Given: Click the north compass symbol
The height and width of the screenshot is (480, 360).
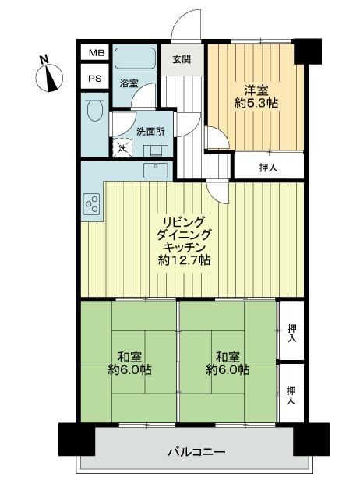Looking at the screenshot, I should [x=51, y=76].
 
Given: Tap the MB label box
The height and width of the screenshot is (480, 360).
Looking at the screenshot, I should [x=94, y=52].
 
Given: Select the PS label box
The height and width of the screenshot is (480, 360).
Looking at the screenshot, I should [x=94, y=78].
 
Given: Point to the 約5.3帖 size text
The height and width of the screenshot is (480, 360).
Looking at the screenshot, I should [x=257, y=101].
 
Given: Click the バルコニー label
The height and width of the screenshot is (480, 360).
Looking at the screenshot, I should [x=197, y=452].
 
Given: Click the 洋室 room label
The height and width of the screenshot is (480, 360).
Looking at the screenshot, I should [x=257, y=88].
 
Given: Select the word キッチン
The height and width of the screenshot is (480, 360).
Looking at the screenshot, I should [x=184, y=246].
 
